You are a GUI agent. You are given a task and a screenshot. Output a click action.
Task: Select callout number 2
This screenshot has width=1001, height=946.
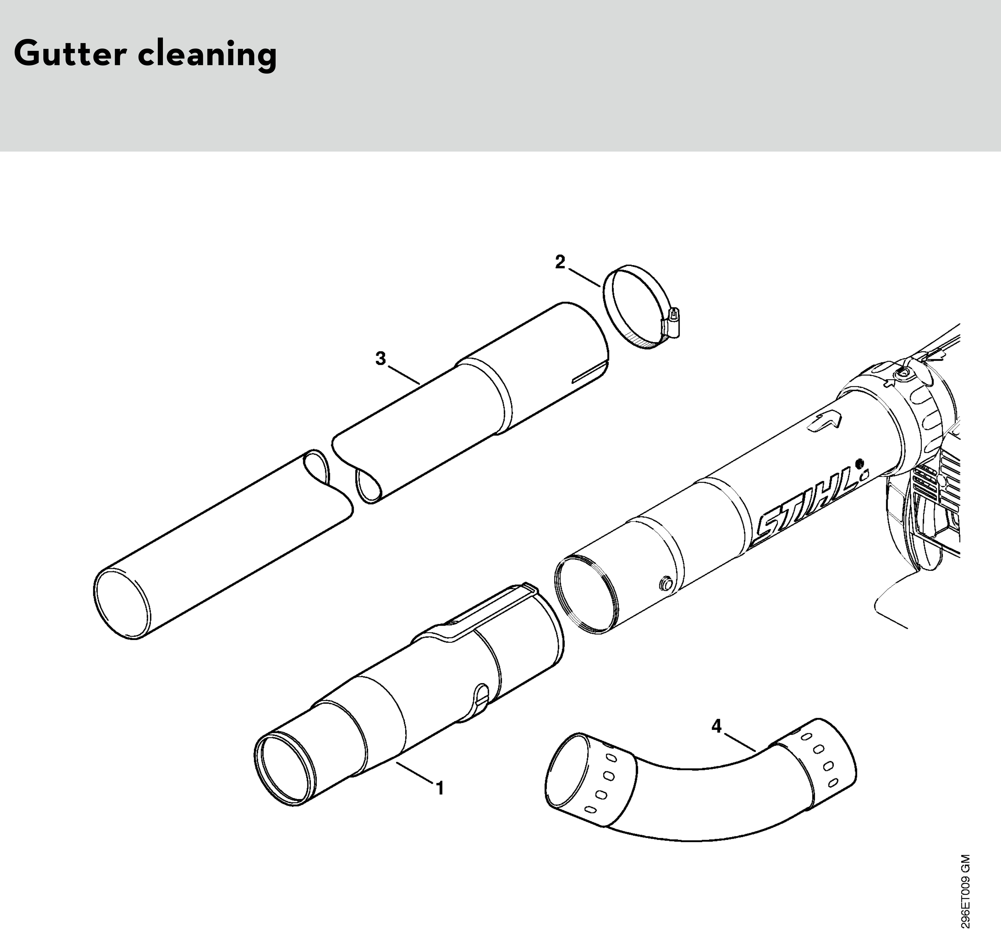(x=560, y=262)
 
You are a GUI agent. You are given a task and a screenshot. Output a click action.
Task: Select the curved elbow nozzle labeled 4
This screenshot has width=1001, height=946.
(x=701, y=786)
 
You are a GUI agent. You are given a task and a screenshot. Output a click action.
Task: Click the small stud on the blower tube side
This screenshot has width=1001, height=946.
(x=665, y=583)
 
